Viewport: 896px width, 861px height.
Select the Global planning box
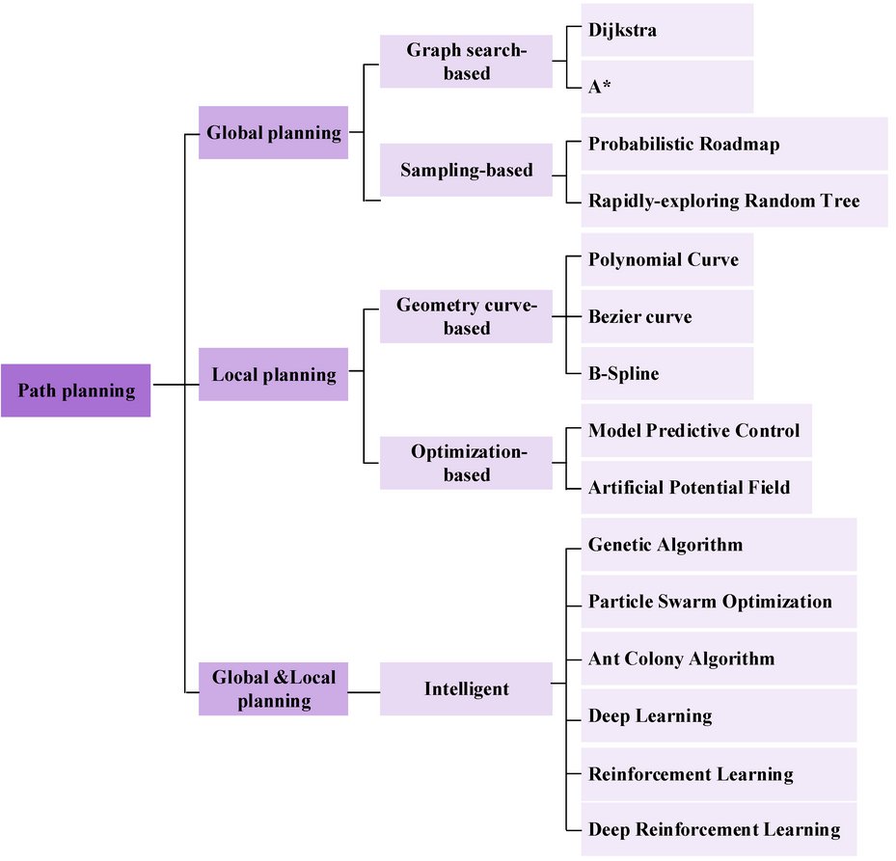[x=273, y=133]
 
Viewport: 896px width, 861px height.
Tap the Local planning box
[x=273, y=374]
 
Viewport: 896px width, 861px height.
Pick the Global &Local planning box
[x=273, y=688]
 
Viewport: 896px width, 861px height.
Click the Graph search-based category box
[x=466, y=61]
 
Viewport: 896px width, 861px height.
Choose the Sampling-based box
[x=466, y=171]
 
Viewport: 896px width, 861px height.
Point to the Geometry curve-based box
[x=466, y=316]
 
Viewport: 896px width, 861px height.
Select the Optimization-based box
[x=466, y=463]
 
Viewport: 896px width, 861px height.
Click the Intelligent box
[x=466, y=688]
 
